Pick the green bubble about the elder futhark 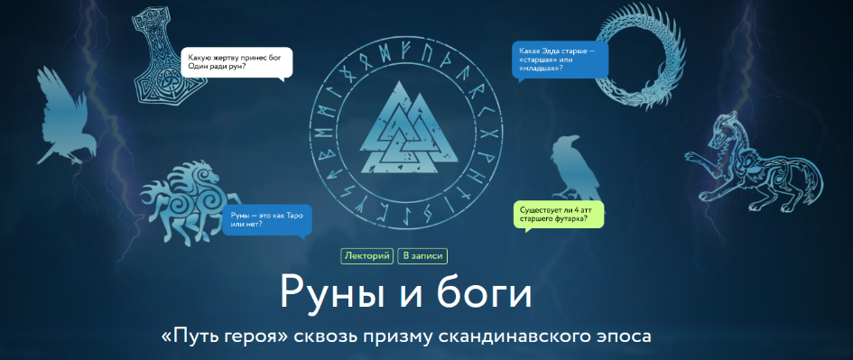(x=557, y=214)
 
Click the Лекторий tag (x=367, y=256)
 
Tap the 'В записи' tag (x=422, y=256)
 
